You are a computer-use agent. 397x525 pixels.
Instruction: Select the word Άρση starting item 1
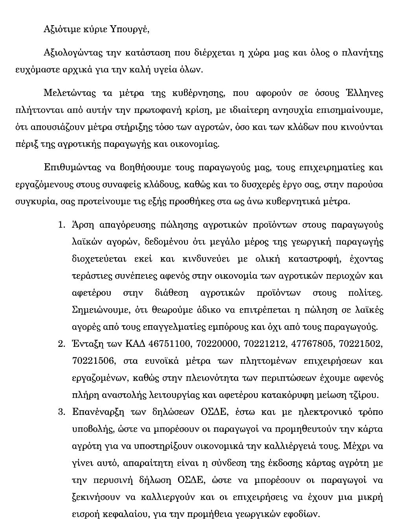pyautogui.click(x=83, y=225)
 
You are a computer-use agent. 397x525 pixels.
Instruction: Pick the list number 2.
pyautogui.click(x=61, y=344)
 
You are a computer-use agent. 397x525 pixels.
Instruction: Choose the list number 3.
pyautogui.click(x=61, y=412)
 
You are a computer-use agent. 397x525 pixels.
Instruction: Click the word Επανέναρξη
pyautogui.click(x=98, y=412)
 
